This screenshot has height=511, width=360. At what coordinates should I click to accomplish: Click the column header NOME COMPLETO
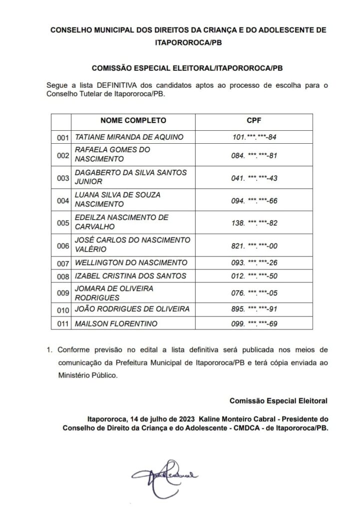point(133,120)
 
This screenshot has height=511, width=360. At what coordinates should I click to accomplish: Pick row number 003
point(62,178)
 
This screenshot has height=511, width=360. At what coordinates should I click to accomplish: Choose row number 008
point(62,276)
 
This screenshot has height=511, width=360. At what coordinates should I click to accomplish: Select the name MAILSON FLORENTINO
point(115,324)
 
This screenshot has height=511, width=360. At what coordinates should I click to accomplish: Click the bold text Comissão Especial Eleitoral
point(279,401)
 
